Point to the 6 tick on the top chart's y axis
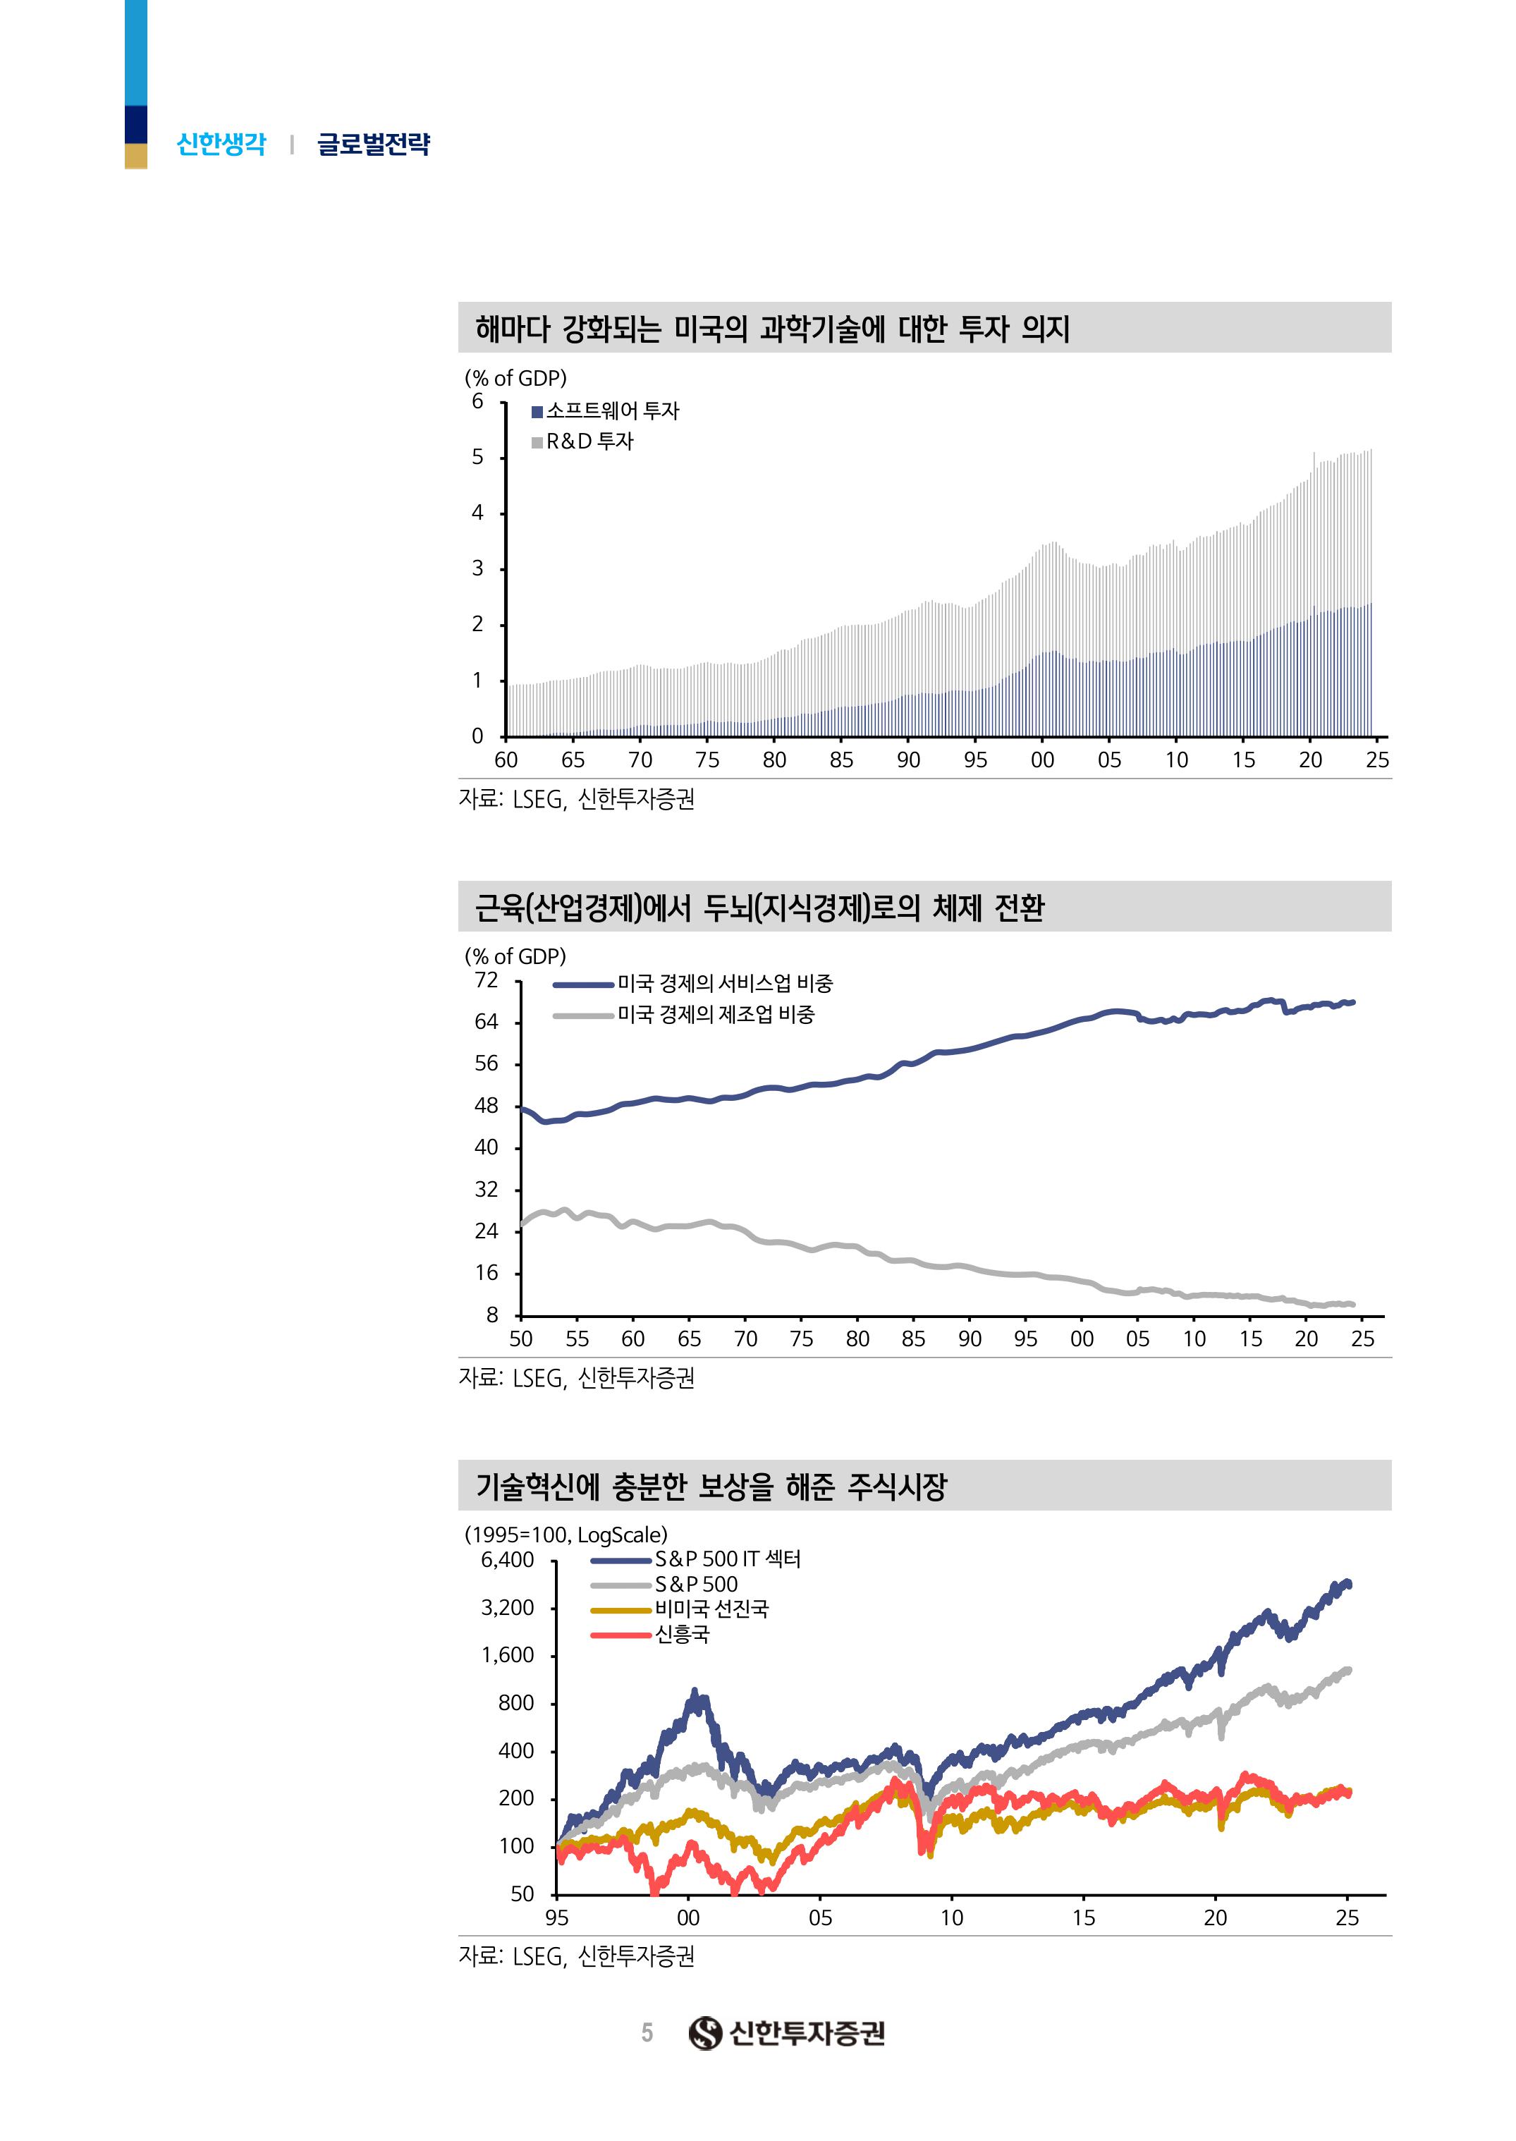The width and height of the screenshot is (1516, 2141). click(x=478, y=401)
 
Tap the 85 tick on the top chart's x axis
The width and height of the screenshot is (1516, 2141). click(x=841, y=760)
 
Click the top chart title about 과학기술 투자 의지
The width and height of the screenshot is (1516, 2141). click(x=772, y=329)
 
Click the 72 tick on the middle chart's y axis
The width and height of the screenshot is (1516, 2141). click(x=487, y=980)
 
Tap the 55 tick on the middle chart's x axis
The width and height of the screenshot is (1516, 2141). click(x=577, y=1339)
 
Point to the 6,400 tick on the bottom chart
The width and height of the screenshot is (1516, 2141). click(x=508, y=1560)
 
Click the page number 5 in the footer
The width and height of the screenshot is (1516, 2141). click(x=647, y=2032)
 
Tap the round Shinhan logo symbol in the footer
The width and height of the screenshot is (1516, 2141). click(x=706, y=2032)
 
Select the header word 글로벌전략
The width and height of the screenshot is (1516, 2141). click(x=374, y=145)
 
